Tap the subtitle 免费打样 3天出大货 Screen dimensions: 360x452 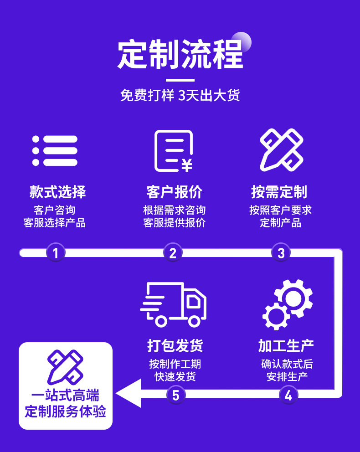pyautogui.click(x=180, y=95)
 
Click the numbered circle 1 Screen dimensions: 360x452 pyautogui.click(x=56, y=252)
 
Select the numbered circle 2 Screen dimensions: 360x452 pyautogui.click(x=173, y=252)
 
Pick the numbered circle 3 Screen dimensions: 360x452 pyautogui.click(x=281, y=252)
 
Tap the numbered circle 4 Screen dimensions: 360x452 pyautogui.click(x=288, y=395)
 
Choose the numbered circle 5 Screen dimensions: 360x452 pyautogui.click(x=176, y=395)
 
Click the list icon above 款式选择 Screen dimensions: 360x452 pyautogui.click(x=55, y=151)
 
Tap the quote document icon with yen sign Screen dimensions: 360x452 pyautogui.click(x=173, y=151)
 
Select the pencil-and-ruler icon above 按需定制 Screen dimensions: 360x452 pyautogui.click(x=281, y=150)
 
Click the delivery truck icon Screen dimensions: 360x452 pyautogui.click(x=173, y=304)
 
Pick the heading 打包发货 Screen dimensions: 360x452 pyautogui.click(x=175, y=345)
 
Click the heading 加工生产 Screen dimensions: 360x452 pyautogui.click(x=286, y=345)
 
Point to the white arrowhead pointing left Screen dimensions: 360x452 pyautogui.click(x=129, y=393)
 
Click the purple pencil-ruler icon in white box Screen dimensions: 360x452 pyautogui.click(x=65, y=367)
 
